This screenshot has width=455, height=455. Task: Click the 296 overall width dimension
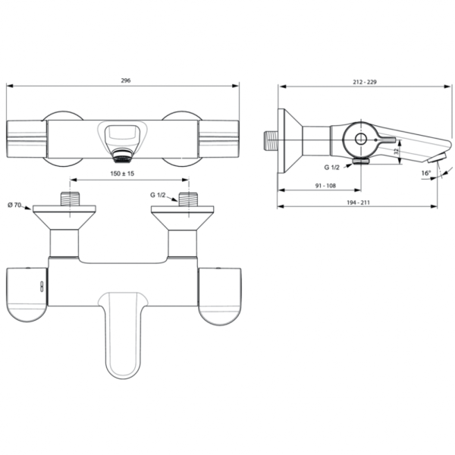pyautogui.click(x=124, y=80)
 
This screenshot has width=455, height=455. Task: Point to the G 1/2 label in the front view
pyautogui.click(x=157, y=196)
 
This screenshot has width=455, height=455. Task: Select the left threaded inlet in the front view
pyautogui.click(x=71, y=201)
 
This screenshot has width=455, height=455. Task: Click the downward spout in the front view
pyautogui.click(x=126, y=334)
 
